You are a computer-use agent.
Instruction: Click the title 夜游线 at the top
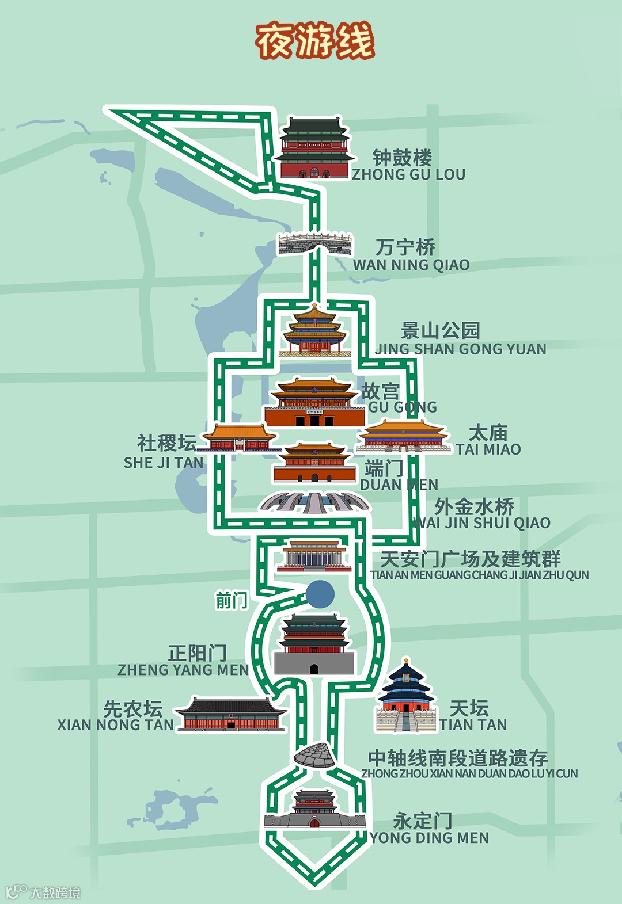click(x=315, y=41)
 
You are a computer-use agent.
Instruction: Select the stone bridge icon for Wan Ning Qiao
click(x=314, y=244)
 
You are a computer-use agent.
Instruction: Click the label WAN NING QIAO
click(x=411, y=265)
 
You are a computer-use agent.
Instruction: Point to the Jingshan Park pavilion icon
click(x=314, y=330)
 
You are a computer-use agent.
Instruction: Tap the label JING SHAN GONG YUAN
click(x=461, y=349)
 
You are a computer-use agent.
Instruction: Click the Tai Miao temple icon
click(x=403, y=437)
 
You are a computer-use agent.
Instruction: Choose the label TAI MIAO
click(x=488, y=449)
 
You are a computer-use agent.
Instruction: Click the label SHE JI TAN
click(x=164, y=463)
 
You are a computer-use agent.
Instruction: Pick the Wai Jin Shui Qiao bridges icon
click(x=314, y=502)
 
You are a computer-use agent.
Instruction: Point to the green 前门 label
click(x=232, y=601)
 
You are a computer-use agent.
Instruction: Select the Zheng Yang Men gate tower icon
click(x=314, y=644)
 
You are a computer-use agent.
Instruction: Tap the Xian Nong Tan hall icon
click(x=231, y=715)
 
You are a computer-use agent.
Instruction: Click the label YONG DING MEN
click(x=429, y=838)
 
